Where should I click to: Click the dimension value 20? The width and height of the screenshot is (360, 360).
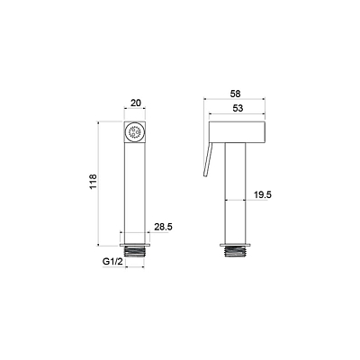tap(136, 103)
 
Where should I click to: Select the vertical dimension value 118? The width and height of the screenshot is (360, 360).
tap(94, 181)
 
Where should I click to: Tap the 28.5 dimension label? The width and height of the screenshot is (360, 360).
tap(163, 227)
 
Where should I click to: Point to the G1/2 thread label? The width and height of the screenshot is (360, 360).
tap(112, 262)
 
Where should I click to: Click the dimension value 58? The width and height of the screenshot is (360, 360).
tap(236, 94)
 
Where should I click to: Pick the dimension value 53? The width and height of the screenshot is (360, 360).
tap(238, 108)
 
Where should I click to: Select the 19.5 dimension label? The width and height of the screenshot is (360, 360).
tap(263, 195)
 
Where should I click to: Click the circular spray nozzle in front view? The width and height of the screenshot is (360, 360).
tap(135, 132)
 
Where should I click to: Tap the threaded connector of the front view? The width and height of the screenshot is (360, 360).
tap(135, 252)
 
